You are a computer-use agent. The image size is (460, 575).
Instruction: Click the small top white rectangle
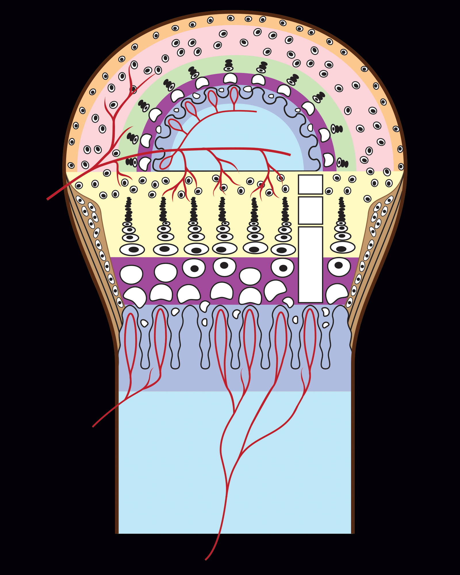tap(310, 184)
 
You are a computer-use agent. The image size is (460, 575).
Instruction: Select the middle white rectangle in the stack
tap(310, 210)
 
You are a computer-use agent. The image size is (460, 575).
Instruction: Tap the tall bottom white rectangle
tap(310, 264)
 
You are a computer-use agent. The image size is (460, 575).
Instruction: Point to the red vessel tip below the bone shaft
tap(206, 559)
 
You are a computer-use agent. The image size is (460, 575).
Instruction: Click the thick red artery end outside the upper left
tap(48, 199)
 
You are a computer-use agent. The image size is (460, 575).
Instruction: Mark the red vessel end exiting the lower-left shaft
tap(93, 426)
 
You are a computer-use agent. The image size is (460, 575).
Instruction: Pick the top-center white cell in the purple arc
tap(230, 78)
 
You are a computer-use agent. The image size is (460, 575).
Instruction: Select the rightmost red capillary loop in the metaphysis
tap(310, 339)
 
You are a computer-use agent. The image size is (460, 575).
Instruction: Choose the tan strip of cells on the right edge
tap(371, 247)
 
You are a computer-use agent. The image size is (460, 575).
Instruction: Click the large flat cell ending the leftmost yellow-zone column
tap(132, 250)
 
